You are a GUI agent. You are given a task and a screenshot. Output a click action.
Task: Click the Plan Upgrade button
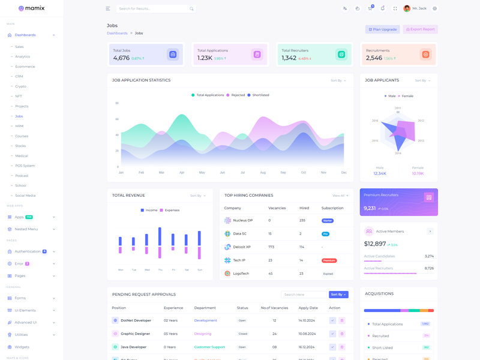383,29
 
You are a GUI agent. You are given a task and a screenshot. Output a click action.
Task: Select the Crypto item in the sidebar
20,86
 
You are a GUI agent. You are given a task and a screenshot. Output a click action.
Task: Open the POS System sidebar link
25,166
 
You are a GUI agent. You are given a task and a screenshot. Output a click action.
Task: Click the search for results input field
153,9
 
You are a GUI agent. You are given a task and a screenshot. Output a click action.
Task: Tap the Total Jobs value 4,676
121,58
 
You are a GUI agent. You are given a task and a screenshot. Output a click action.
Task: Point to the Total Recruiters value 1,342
289,58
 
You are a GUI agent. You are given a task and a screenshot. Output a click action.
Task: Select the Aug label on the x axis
263,172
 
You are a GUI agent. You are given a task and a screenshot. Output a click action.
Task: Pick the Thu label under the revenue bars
160,270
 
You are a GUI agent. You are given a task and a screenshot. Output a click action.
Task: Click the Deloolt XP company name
242,247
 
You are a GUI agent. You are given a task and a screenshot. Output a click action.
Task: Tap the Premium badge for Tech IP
329,260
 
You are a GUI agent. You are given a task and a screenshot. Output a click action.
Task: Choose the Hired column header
304,208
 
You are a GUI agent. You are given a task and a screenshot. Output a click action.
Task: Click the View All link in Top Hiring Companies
340,196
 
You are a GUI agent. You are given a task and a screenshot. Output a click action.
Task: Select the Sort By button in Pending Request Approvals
338,295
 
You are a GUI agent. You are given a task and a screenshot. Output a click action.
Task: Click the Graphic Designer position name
135,334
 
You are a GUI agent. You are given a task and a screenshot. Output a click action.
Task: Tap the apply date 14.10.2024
307,320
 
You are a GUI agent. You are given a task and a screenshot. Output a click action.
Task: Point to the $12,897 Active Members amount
375,244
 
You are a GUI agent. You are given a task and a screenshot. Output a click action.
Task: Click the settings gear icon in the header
435,9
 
